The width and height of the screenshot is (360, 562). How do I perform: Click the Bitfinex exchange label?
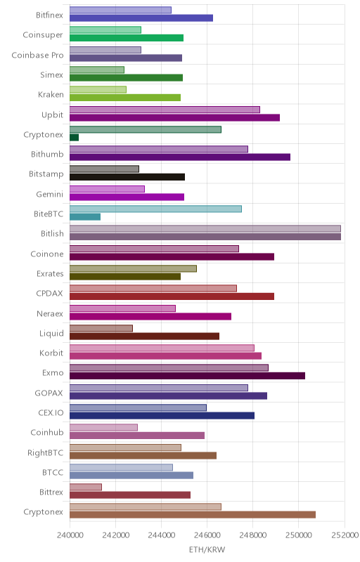coord(49,15)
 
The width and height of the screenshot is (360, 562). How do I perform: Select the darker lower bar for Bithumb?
coord(179,157)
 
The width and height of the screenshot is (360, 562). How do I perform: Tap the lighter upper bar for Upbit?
coord(165,110)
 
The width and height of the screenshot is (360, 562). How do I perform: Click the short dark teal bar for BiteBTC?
coord(85,216)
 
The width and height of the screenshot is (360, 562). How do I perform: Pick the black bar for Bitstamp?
coord(127,177)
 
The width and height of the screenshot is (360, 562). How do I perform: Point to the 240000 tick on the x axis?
coord(70,535)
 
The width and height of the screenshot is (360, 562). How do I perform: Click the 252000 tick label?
coord(345,535)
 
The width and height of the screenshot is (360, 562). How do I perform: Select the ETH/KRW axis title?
coord(207,549)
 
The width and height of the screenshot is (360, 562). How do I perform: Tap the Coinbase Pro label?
coord(38,55)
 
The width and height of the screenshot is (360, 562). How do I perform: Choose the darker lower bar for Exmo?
coord(187,376)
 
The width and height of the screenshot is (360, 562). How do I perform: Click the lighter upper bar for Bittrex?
coord(86,487)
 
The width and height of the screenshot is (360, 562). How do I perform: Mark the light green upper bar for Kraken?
coord(98,90)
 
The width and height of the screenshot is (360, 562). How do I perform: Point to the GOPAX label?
coord(49,393)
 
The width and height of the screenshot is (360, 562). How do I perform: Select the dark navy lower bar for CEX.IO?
coord(162,415)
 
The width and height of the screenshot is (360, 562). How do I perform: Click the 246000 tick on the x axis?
coord(207,535)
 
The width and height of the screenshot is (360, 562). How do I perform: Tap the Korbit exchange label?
coord(51,353)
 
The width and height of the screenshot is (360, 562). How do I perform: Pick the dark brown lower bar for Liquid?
coord(144,336)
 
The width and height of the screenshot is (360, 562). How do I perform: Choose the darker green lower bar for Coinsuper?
coord(127,38)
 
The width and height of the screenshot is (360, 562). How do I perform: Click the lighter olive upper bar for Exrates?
coord(133,268)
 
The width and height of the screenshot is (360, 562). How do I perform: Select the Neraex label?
coord(50,313)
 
